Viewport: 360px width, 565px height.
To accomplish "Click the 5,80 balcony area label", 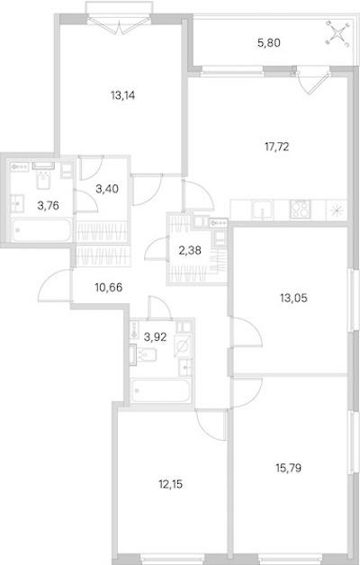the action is (269, 43).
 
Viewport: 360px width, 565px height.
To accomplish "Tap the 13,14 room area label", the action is (123, 95).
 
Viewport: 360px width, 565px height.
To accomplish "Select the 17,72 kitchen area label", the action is (277, 147).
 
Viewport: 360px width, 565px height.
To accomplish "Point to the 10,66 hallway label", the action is (109, 288).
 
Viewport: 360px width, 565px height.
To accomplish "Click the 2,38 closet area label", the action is (190, 250).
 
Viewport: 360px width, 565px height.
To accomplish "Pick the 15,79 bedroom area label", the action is (288, 468).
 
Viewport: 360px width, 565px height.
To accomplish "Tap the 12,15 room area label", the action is (170, 484).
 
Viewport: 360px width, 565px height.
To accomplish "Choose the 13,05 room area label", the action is (293, 298).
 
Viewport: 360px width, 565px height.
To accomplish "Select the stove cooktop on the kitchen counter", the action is (301, 210).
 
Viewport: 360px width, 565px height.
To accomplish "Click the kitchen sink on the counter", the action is (263, 210).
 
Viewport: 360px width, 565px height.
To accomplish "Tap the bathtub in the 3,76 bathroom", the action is (41, 229).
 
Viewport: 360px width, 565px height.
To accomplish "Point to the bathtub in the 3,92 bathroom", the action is (160, 390).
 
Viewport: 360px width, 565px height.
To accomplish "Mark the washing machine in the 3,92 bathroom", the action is (183, 345).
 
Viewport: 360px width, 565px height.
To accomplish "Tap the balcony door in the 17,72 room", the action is (313, 82).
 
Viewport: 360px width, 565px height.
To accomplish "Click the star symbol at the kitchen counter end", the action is (337, 210).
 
